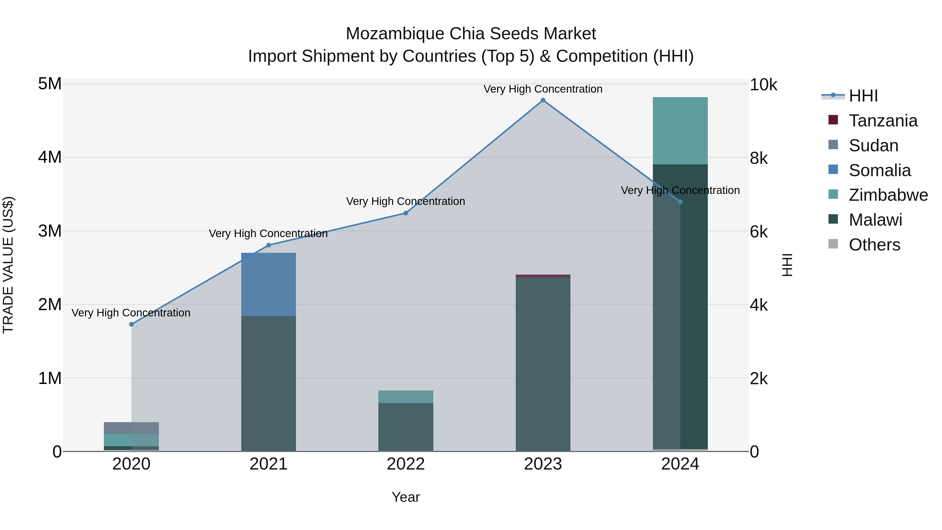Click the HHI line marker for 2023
click(543, 100)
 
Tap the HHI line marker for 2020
click(131, 324)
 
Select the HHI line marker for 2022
click(406, 213)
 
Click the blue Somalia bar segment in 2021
click(268, 284)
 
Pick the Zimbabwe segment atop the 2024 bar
click(680, 131)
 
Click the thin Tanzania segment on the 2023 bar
click(543, 276)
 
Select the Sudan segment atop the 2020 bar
click(131, 428)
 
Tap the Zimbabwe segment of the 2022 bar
click(406, 397)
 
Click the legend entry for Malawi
click(875, 220)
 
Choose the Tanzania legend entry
click(883, 121)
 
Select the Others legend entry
click(874, 245)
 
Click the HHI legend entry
click(863, 96)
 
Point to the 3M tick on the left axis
click(50, 231)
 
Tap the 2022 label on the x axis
click(406, 464)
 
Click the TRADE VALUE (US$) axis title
click(8, 265)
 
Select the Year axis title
click(406, 497)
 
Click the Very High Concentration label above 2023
click(543, 89)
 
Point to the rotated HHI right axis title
click(787, 265)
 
